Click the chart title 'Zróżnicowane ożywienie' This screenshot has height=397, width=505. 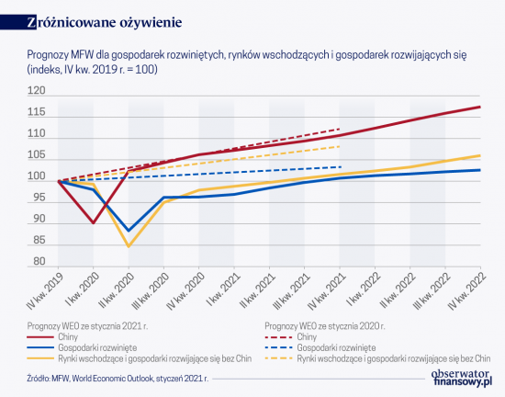[x=105, y=23]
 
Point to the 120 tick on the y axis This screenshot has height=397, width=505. [x=37, y=91]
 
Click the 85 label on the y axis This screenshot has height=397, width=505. [x=39, y=240]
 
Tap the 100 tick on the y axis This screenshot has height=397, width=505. [x=37, y=176]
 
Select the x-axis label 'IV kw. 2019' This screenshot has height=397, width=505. [x=43, y=291]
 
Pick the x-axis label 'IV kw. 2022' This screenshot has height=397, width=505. [x=467, y=291]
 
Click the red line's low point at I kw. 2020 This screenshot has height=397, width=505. [x=94, y=223]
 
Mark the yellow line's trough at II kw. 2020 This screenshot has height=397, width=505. [x=129, y=246]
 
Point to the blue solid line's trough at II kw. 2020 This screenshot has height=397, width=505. [x=129, y=231]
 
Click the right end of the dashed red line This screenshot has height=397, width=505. [x=340, y=129]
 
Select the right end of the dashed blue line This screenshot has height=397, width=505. [x=341, y=167]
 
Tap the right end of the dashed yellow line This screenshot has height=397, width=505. [x=340, y=146]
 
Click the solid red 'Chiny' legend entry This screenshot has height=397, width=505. [x=52, y=337]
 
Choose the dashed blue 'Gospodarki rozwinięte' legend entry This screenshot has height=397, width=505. [x=320, y=348]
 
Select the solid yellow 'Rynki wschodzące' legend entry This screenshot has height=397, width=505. [x=140, y=358]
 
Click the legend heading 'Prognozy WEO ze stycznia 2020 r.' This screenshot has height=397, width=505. [x=325, y=326]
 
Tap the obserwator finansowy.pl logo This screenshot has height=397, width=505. [x=462, y=378]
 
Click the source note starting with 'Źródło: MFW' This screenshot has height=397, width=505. [x=118, y=379]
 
